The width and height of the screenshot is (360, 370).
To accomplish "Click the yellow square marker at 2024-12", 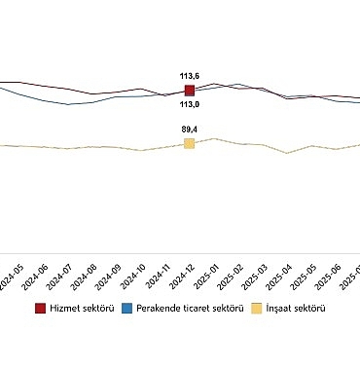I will (x=189, y=143).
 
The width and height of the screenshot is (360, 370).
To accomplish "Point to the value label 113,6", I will (x=189, y=75).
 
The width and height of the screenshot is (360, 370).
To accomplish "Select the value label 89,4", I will (x=189, y=129).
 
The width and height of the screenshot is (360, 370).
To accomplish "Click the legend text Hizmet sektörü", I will (x=83, y=308).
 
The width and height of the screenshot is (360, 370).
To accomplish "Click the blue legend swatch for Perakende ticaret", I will (x=127, y=308).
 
